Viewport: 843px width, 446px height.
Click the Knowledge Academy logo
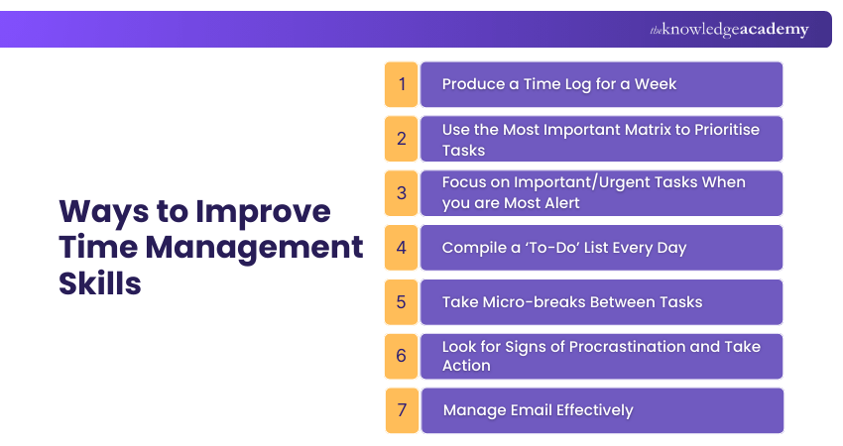[729, 30]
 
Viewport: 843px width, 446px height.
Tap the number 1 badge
[402, 84]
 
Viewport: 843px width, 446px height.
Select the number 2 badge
[402, 139]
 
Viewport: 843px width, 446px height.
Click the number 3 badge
[402, 193]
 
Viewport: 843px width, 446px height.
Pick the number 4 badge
[402, 248]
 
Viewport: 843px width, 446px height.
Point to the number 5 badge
[402, 302]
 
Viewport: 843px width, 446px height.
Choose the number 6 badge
[402, 356]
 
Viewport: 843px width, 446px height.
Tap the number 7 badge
[402, 410]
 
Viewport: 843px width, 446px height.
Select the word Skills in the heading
[99, 281]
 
